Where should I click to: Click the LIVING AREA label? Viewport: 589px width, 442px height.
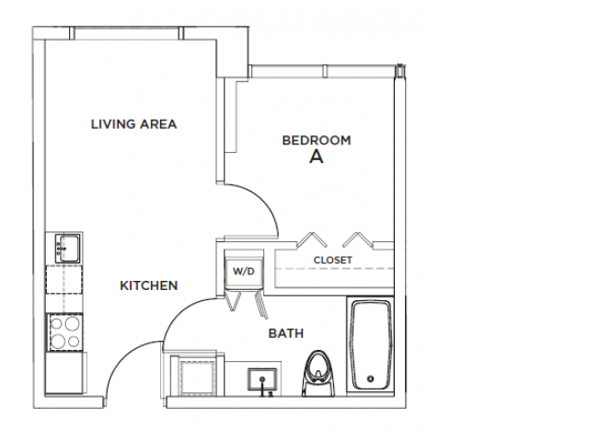pos(133,123)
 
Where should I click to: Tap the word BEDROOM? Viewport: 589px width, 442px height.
pos(316,140)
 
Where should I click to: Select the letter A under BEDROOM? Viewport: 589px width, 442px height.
pos(316,157)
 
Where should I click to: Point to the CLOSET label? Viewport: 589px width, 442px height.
pos(332,261)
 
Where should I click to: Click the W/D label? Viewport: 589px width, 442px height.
pos(243,272)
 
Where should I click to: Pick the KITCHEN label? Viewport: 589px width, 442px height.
pos(148,285)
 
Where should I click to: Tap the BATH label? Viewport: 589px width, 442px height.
pos(285,333)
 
